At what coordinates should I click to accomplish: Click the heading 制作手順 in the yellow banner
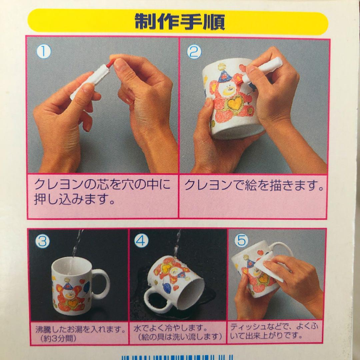pyautogui.click(x=180, y=22)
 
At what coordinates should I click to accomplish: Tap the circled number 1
pyautogui.click(x=44, y=52)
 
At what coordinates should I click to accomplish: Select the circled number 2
pyautogui.click(x=194, y=52)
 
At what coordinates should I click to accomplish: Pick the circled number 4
pyautogui.click(x=141, y=241)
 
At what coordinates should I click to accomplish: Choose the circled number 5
pyautogui.click(x=241, y=240)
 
